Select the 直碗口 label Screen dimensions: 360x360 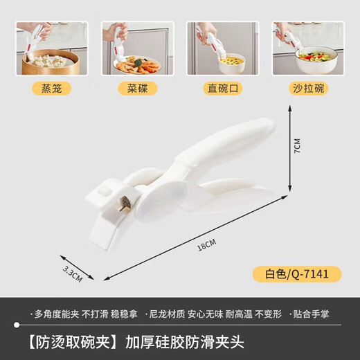click(x=222, y=89)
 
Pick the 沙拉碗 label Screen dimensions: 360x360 click(x=309, y=89)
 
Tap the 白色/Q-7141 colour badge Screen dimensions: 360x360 click(x=306, y=273)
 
